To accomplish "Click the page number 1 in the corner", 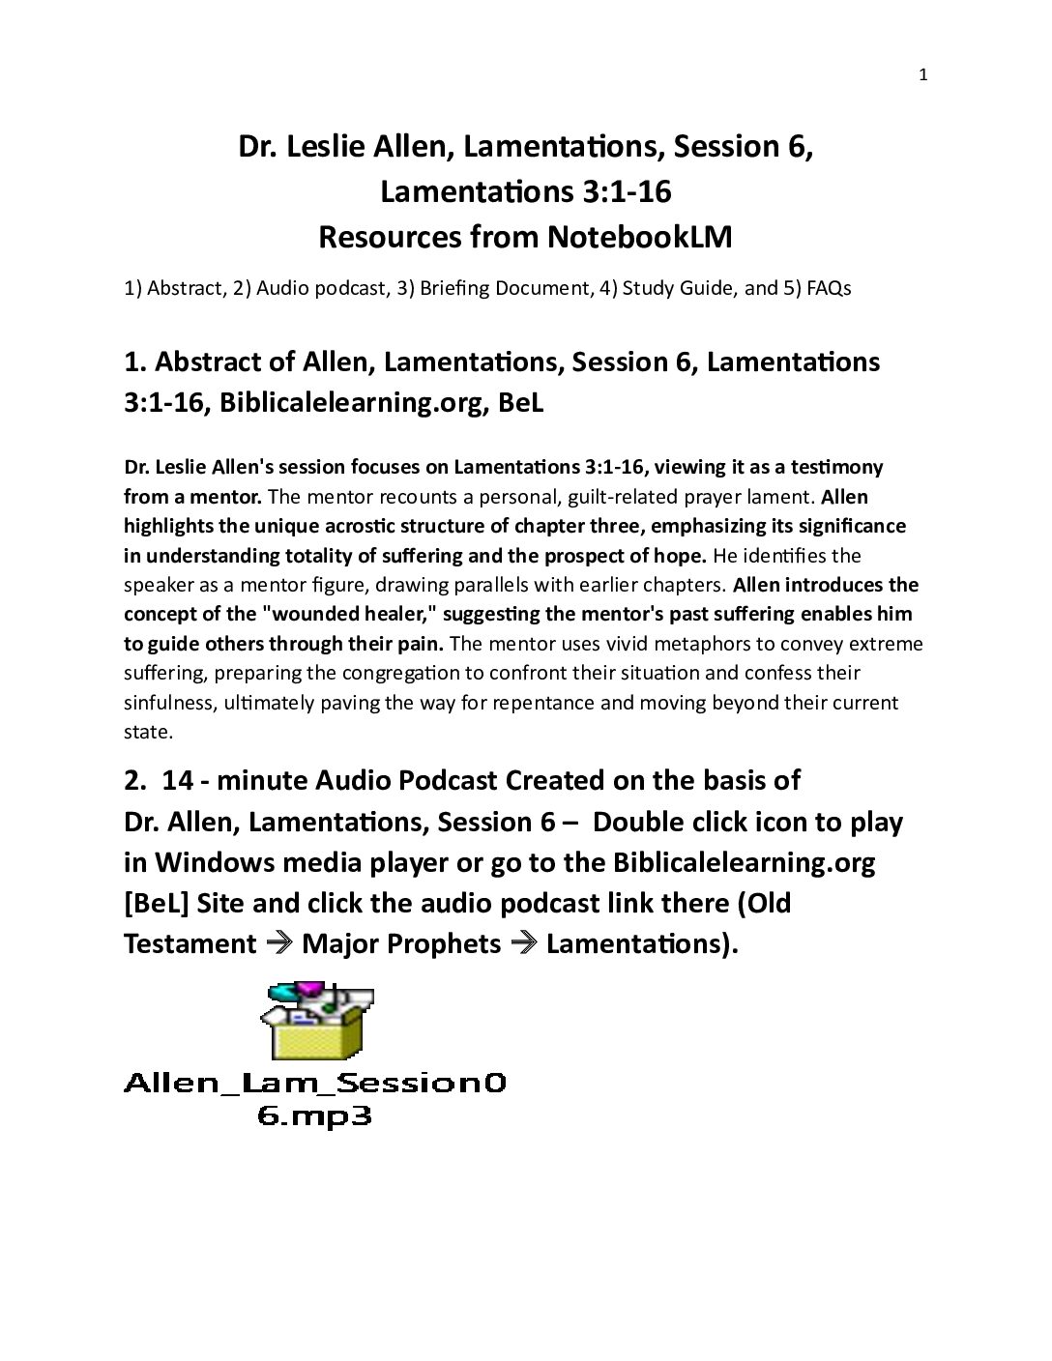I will click(x=922, y=75).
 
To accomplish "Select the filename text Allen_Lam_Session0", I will click(x=315, y=1083).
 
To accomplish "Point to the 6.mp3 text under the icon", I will click(x=315, y=1116).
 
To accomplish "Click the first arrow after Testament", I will click(x=278, y=943).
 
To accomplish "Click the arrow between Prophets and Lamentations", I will click(x=523, y=943).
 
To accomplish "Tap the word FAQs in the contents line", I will click(x=829, y=288).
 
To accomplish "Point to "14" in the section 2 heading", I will click(x=178, y=780).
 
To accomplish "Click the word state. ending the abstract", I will click(x=148, y=732).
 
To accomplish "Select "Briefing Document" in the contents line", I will click(x=504, y=288).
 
